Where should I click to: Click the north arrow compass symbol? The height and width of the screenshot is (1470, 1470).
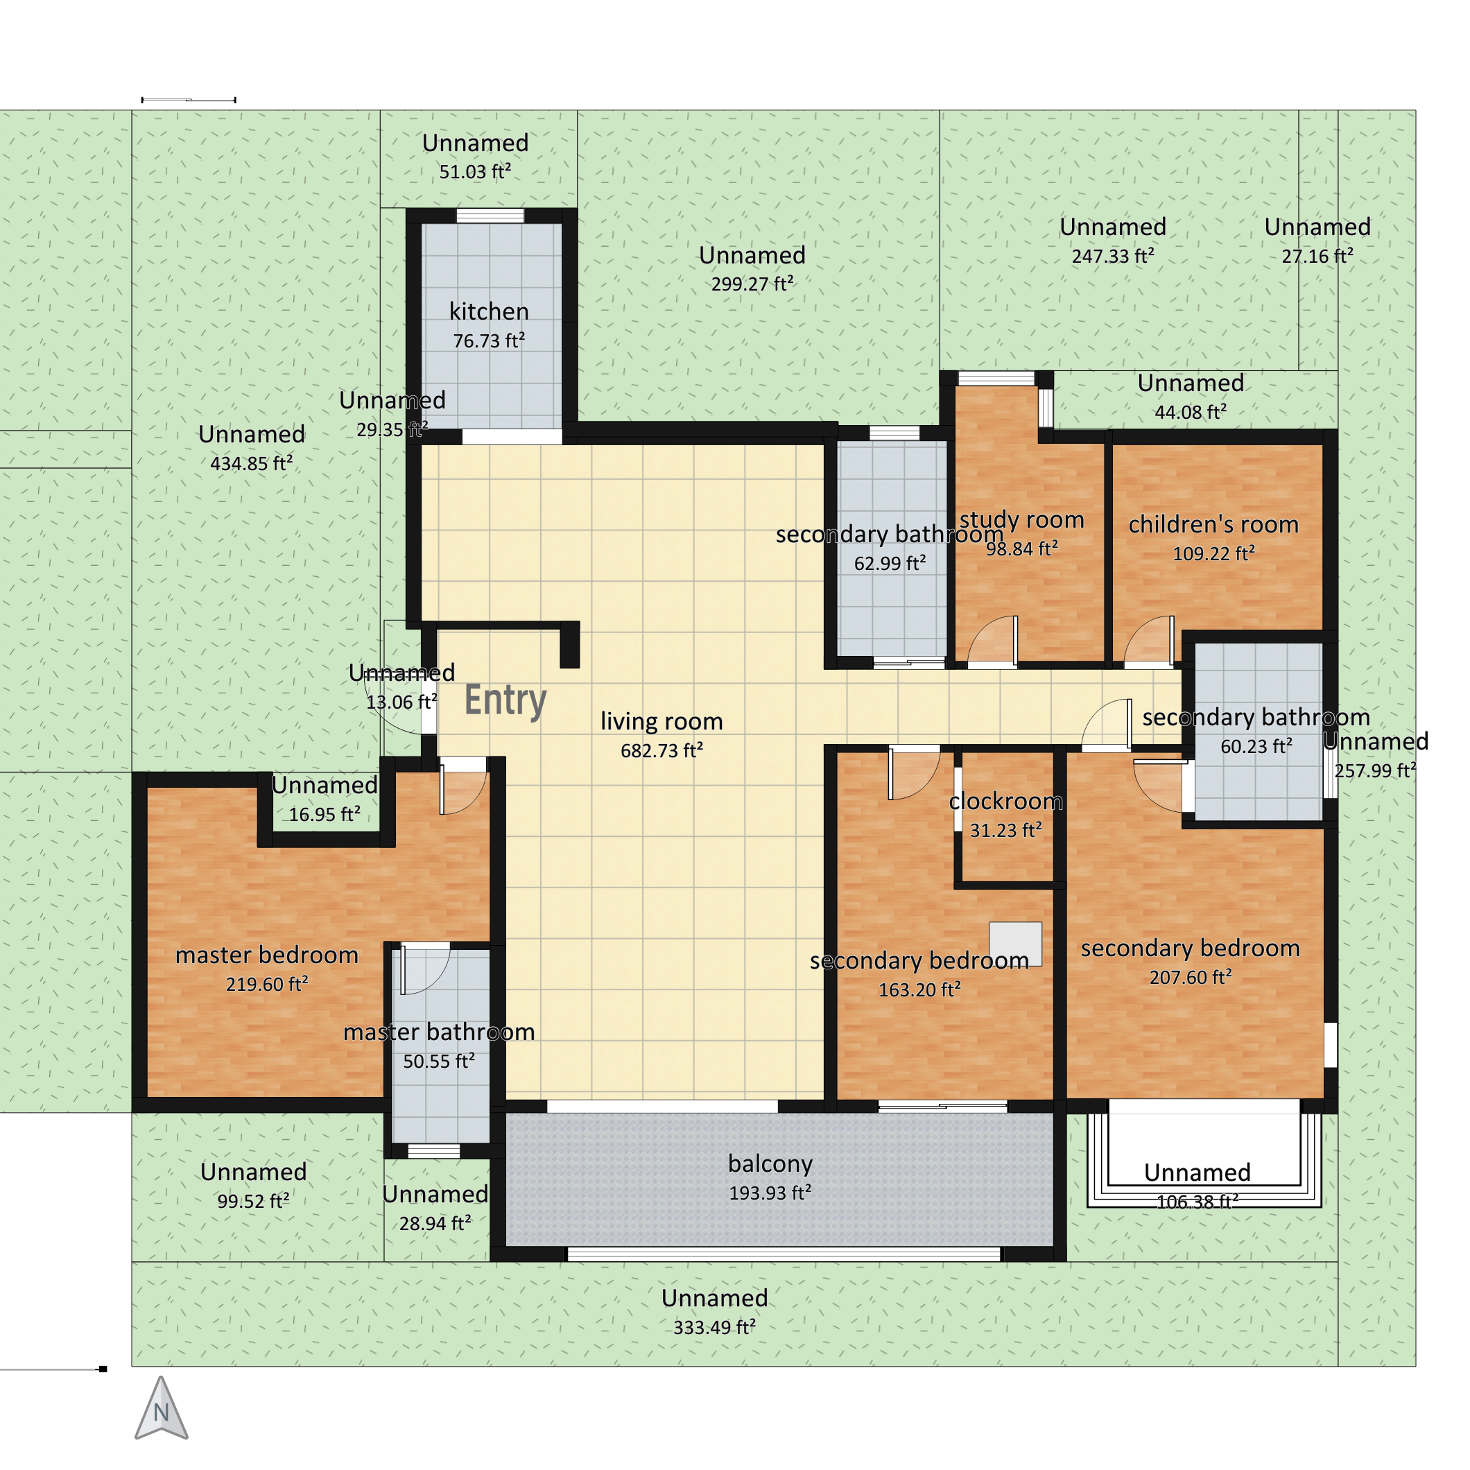point(161,1408)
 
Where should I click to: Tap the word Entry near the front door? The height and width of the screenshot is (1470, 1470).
point(505,700)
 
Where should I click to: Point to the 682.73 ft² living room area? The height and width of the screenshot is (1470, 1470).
point(661,751)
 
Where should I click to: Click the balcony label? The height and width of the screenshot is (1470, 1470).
point(770,1164)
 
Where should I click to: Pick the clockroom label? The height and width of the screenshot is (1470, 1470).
point(1006,801)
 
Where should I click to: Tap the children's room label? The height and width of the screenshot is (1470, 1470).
point(1213,524)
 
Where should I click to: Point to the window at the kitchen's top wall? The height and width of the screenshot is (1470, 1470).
point(490,216)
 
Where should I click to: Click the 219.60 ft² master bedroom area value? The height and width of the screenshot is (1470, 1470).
point(267,985)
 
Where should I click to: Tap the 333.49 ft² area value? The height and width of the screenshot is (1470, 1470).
point(714,1328)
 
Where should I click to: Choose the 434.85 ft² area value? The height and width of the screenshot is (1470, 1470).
point(251,463)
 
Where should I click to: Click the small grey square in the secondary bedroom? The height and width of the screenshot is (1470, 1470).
point(1015,944)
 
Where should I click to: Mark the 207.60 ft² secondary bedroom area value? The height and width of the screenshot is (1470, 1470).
point(1190,977)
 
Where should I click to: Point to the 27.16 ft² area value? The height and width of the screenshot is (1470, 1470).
point(1317,257)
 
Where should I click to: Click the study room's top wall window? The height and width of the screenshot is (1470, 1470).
point(996,378)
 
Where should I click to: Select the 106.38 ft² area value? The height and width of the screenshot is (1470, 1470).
point(1197,1202)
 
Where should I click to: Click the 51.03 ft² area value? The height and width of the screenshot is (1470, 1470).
point(475,172)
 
